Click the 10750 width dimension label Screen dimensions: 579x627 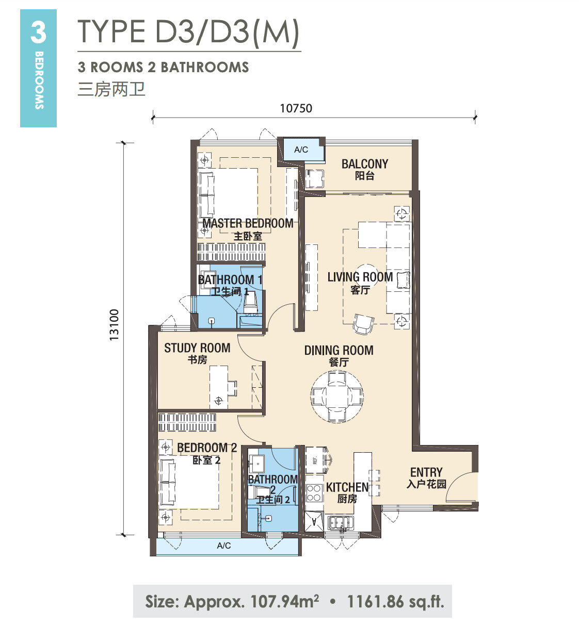click(296, 108)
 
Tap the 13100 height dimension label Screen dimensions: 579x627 click(114, 324)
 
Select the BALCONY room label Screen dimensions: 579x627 click(365, 164)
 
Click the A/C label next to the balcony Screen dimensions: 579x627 click(301, 150)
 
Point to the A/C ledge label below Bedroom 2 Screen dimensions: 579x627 click(224, 545)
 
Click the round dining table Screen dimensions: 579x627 click(337, 396)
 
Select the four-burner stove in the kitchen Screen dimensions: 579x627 click(314, 493)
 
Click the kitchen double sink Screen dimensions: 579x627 click(341, 522)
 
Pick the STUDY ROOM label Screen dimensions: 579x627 click(197, 348)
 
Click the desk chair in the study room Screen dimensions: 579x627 click(232, 388)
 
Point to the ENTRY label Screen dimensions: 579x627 click(426, 472)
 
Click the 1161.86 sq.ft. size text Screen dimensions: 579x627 click(395, 601)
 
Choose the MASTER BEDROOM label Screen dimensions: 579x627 click(248, 223)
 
